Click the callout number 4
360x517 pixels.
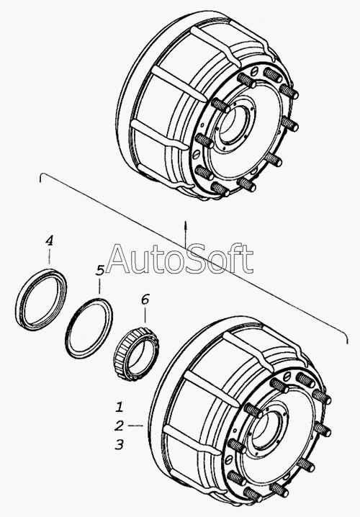coord(49,240)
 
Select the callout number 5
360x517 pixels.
coord(100,270)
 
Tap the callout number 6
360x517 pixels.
coord(145,300)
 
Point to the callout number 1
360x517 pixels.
coord(120,407)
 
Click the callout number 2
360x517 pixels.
coord(120,426)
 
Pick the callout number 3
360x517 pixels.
coord(119,444)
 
